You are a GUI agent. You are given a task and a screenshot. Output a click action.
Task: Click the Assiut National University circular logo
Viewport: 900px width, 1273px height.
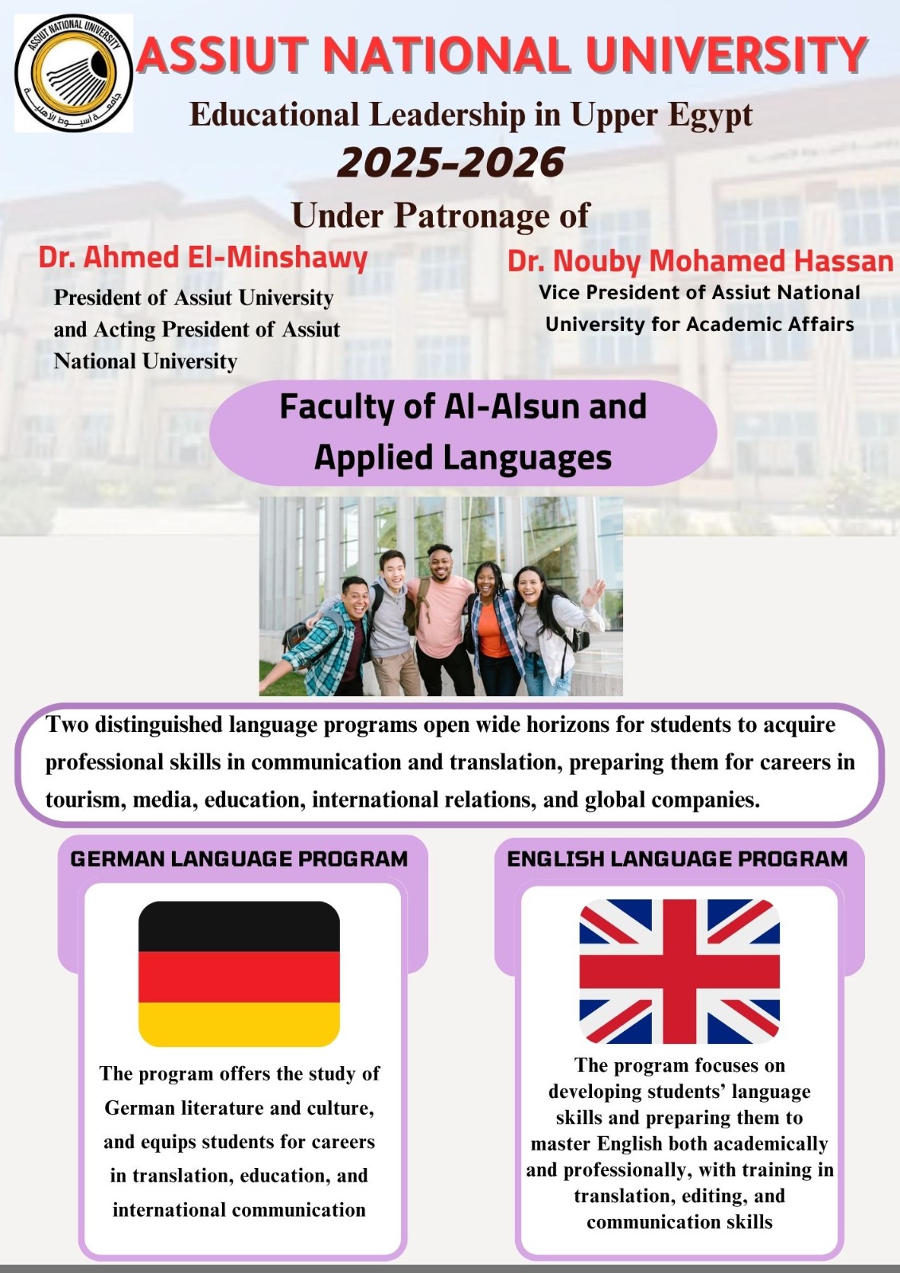pyautogui.click(x=73, y=73)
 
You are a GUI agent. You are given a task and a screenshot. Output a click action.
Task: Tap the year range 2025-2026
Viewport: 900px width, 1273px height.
pyautogui.click(x=451, y=162)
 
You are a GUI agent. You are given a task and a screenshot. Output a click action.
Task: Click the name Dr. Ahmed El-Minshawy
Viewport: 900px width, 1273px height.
pyautogui.click(x=203, y=257)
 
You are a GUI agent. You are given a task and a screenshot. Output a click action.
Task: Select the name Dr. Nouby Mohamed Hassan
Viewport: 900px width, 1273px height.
pyautogui.click(x=700, y=261)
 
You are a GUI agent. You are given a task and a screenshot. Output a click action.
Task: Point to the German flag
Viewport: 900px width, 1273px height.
pyautogui.click(x=239, y=974)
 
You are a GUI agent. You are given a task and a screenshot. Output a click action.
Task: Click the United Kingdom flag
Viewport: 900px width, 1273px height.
pyautogui.click(x=680, y=971)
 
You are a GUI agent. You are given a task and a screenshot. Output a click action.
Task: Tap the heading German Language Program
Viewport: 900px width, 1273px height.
pyautogui.click(x=239, y=858)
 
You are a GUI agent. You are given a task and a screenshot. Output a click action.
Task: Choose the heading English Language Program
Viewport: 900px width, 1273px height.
pyautogui.click(x=677, y=858)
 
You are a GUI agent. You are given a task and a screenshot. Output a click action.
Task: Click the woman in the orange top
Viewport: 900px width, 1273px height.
pyautogui.click(x=491, y=628)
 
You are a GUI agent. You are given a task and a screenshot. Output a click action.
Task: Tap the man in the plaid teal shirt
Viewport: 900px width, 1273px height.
pyautogui.click(x=335, y=636)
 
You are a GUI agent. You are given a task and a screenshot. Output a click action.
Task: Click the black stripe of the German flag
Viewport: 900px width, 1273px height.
pyautogui.click(x=239, y=926)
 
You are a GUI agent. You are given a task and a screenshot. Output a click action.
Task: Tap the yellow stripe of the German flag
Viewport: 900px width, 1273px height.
pyautogui.click(x=239, y=1024)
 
